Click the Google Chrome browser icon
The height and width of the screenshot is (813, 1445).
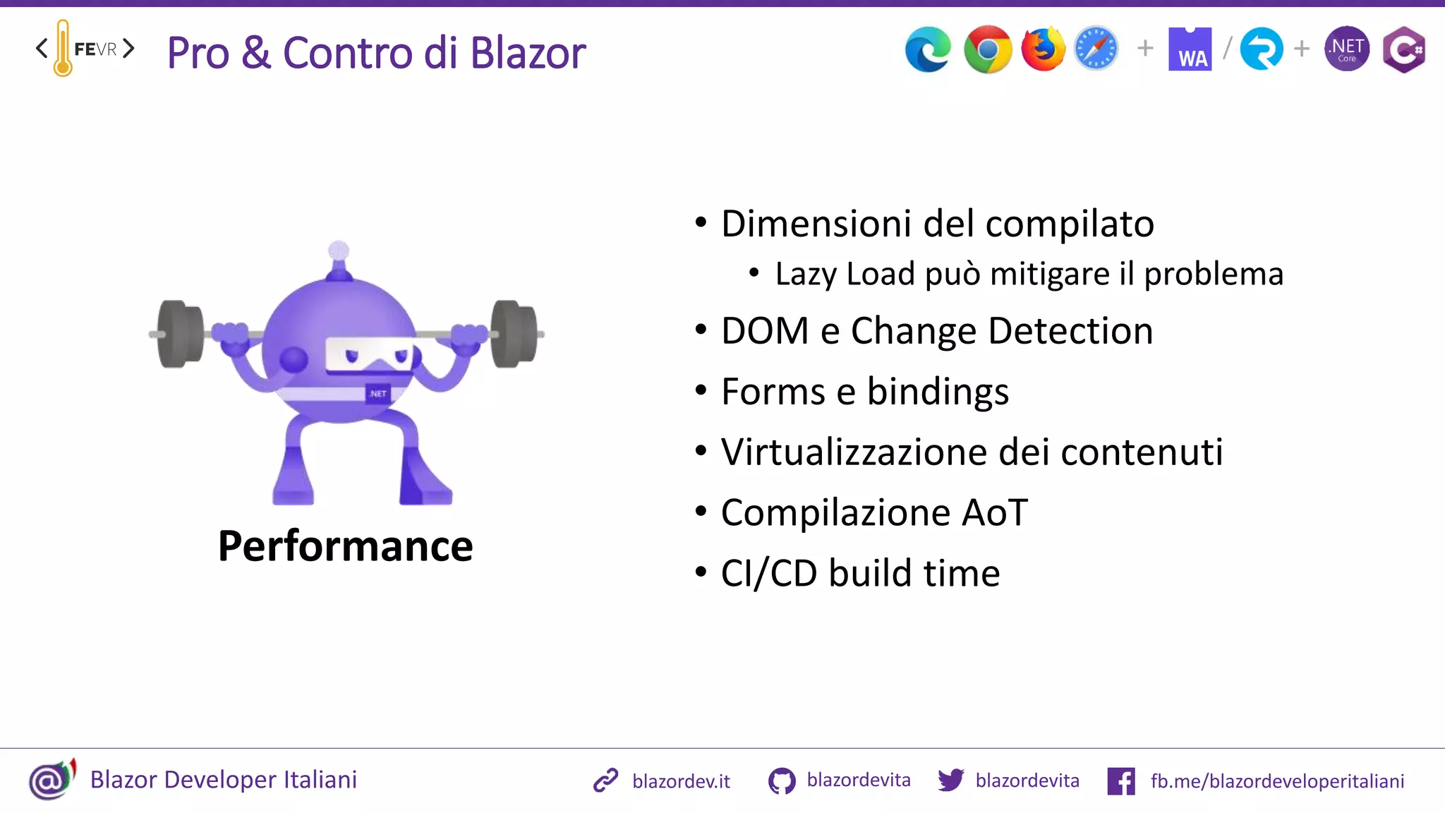988,49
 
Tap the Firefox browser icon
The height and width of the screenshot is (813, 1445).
1043,49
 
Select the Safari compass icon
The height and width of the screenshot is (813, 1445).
1096,49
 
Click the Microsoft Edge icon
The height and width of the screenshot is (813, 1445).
928,49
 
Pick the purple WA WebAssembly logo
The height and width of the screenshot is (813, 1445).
1190,49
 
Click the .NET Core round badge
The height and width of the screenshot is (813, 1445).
1347,49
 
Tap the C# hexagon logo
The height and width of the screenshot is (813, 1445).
1403,49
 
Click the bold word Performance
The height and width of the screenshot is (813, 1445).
345,546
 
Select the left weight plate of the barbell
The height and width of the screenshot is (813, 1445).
181,334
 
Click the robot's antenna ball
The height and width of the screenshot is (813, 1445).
339,251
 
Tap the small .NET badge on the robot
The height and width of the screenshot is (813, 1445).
378,394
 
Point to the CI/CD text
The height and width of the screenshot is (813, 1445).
769,573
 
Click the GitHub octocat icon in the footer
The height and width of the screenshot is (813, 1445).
782,781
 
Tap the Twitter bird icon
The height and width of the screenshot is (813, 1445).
951,780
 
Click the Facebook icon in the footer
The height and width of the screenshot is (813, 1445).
1121,781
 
